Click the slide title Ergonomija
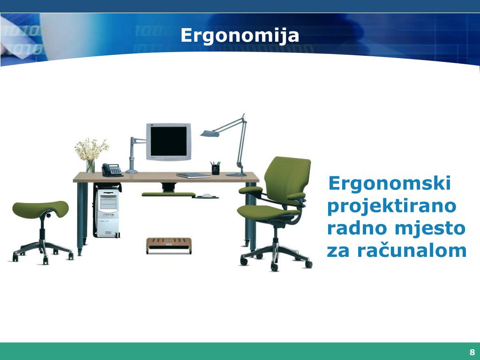240,36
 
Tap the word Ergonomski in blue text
390,183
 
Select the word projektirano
391,206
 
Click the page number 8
472,352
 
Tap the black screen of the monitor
168,141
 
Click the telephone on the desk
112,170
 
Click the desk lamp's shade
210,134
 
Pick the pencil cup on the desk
215,169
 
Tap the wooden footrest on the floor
169,243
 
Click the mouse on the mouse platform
207,195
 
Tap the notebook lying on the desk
193,175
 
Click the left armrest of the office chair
250,190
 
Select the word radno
357,228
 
